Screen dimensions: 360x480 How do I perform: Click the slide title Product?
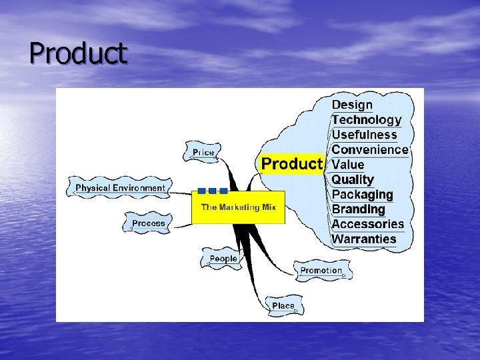point(78,53)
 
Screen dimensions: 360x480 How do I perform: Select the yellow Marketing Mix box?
point(238,207)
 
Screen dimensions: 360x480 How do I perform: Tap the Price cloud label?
point(203,153)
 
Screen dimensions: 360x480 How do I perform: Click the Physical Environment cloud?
point(120,188)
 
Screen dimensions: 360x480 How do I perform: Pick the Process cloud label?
point(148,223)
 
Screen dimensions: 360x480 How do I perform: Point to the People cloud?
point(223,259)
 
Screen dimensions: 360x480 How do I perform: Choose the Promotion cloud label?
point(321,271)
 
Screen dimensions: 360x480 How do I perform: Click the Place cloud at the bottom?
point(283,306)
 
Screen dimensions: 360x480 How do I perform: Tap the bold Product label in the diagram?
point(291,164)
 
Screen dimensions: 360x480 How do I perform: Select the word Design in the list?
point(352,105)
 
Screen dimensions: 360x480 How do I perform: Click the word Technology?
point(367,120)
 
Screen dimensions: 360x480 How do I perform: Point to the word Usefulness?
point(364,135)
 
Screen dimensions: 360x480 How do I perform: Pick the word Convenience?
point(369,149)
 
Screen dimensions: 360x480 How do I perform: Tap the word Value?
point(348,165)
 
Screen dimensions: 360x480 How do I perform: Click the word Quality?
point(353,179)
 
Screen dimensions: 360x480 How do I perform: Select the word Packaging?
point(362,195)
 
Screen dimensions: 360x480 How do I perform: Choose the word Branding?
point(359,209)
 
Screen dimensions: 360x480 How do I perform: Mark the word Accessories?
point(368,224)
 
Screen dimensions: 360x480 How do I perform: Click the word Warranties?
point(364,239)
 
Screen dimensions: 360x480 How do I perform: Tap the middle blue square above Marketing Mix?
point(213,191)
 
